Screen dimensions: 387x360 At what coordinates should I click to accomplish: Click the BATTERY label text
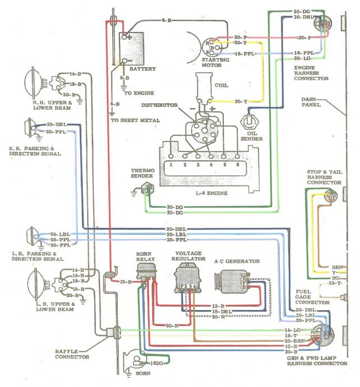[x=144, y=69]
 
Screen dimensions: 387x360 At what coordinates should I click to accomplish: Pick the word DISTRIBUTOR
[x=159, y=105]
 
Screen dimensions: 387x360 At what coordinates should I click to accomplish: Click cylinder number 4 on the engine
[x=211, y=166]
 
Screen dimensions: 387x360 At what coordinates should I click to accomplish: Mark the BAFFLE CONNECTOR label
[x=72, y=354]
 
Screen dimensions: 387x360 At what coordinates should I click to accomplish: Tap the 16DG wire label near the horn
[x=156, y=363]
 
